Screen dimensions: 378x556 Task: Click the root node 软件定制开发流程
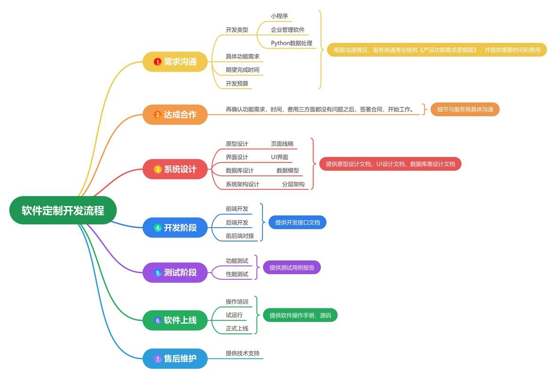click(x=63, y=211)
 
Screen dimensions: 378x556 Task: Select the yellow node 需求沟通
click(x=175, y=62)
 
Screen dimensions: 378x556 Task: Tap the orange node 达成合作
click(x=175, y=114)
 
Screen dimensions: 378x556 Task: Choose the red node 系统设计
click(x=175, y=169)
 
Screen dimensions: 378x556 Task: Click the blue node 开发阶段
click(x=175, y=228)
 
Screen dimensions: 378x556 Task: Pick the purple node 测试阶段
click(x=175, y=273)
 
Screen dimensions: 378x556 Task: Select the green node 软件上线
click(x=175, y=320)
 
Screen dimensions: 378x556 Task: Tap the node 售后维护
click(x=175, y=359)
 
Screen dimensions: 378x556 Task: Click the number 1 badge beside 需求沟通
click(x=158, y=62)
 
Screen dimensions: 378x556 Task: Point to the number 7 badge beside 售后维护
click(x=158, y=359)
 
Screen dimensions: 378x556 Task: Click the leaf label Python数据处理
click(x=291, y=43)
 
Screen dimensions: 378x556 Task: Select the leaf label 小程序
click(x=279, y=16)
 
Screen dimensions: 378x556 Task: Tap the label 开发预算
click(x=237, y=84)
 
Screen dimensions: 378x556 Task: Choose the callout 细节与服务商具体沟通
click(x=465, y=110)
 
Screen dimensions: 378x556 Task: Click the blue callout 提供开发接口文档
click(x=297, y=222)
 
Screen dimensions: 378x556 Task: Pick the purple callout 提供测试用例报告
click(x=292, y=267)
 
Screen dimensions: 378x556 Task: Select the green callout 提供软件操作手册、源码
click(x=300, y=315)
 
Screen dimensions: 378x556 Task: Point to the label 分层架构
click(x=293, y=184)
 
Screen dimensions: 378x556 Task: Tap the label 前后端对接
click(x=240, y=236)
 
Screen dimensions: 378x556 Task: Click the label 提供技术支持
click(x=243, y=353)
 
